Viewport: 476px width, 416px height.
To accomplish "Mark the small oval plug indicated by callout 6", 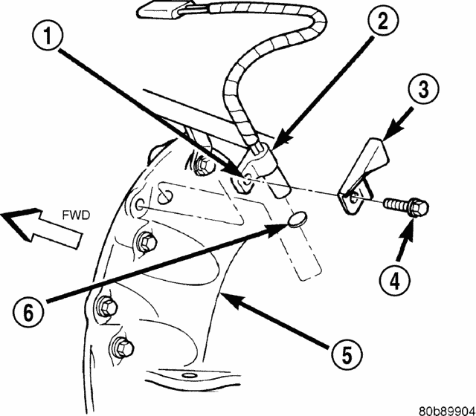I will pyautogui.click(x=296, y=220).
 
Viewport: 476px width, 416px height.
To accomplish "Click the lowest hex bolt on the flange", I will pyautogui.click(x=121, y=345).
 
